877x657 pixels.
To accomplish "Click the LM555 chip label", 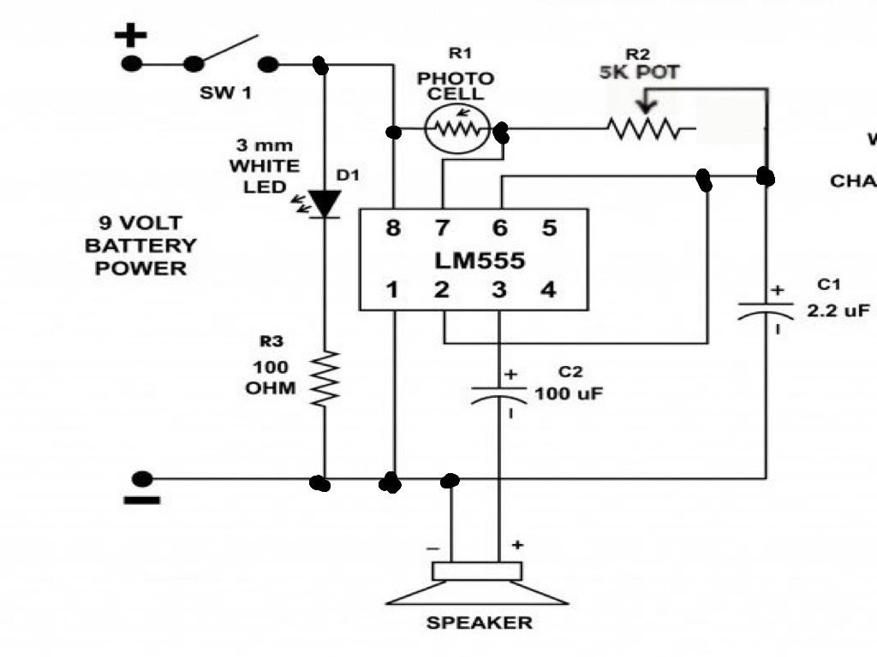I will [x=473, y=259].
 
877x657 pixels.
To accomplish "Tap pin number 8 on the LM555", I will [x=392, y=228].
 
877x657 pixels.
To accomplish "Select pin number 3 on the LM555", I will [x=498, y=290].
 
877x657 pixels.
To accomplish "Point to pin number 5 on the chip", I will [x=549, y=228].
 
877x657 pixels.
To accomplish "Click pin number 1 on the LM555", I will [x=392, y=290].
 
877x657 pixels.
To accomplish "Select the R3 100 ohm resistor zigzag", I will [x=325, y=377].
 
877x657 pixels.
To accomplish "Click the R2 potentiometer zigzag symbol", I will [x=644, y=130].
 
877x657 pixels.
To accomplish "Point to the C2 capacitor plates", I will [x=498, y=394].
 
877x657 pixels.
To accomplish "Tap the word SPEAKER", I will [x=479, y=623].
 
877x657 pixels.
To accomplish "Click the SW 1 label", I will [x=225, y=92].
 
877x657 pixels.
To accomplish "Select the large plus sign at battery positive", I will [x=131, y=36].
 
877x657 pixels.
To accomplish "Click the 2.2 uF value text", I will [x=838, y=312].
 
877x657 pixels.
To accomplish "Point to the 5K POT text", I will [x=639, y=73].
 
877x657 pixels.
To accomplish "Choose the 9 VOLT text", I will [x=140, y=224].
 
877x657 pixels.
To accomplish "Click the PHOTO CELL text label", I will [x=455, y=86].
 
